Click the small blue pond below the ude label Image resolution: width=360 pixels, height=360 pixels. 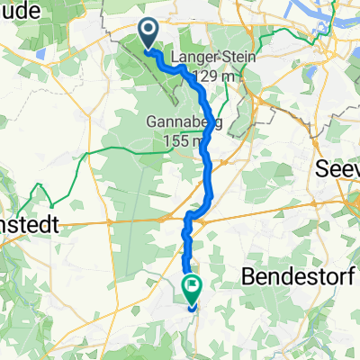[41, 52]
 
